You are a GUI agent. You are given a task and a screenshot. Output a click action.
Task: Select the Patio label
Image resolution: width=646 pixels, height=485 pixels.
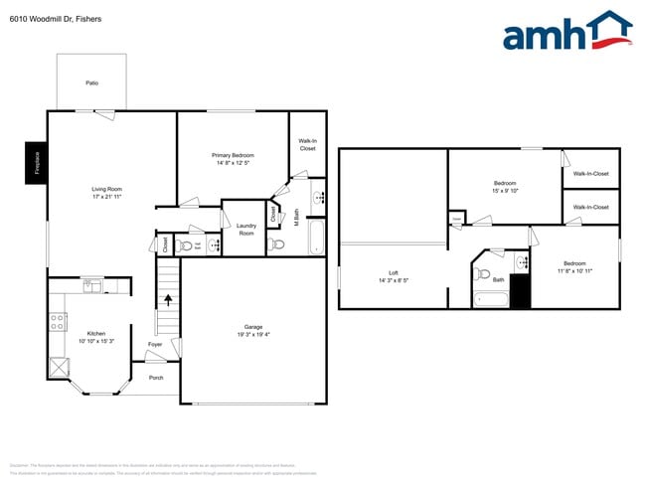[x=91, y=82]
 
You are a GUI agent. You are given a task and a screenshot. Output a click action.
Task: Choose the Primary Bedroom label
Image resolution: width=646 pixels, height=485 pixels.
[x=233, y=156]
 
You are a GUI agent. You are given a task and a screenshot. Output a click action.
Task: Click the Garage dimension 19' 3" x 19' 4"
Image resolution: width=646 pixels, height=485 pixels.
[x=253, y=335]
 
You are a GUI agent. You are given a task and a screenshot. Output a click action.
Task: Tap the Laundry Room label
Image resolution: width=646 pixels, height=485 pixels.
[x=245, y=230]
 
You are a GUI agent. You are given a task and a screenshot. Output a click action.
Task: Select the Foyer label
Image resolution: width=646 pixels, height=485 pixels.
[x=155, y=344]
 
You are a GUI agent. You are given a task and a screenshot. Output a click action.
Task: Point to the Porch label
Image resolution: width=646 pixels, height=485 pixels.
[x=156, y=378]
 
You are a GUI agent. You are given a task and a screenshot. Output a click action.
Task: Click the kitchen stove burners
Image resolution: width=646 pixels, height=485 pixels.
[x=58, y=322]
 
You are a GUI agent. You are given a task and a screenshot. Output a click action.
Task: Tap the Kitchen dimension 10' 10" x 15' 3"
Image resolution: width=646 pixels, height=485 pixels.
[x=95, y=341]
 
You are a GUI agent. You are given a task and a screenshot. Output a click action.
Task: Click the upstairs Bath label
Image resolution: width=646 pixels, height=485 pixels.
[x=499, y=279]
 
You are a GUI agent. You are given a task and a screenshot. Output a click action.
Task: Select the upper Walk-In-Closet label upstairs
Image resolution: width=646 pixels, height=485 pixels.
[x=590, y=174]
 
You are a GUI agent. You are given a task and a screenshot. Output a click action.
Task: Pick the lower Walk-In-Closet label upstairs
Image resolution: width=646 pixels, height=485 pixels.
[x=590, y=207]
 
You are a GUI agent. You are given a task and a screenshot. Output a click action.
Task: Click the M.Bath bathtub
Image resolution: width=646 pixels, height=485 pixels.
[x=317, y=238]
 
